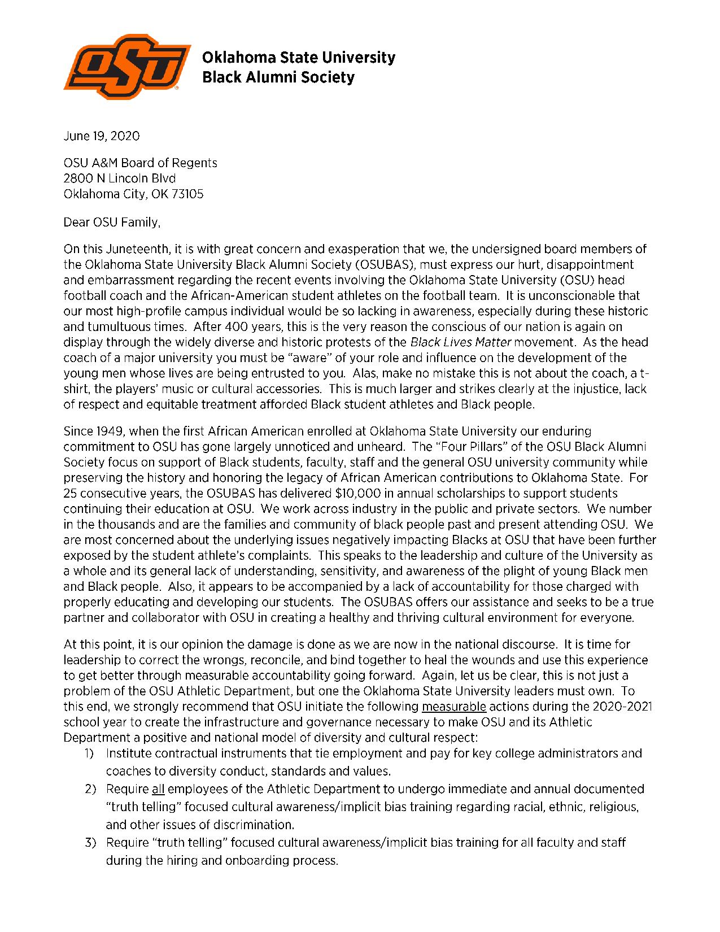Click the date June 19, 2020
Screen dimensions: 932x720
(x=102, y=136)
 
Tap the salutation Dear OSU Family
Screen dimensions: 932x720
(x=112, y=222)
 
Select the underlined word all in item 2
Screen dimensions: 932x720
(x=158, y=789)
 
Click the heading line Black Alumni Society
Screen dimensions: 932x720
(x=278, y=77)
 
